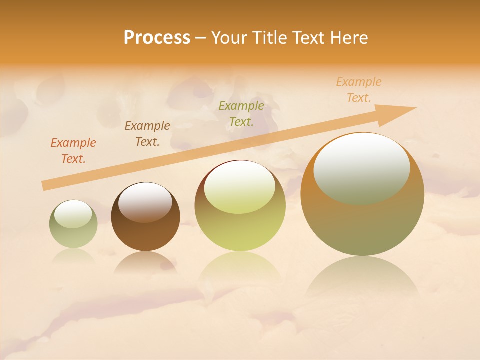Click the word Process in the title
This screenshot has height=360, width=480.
pos(157,38)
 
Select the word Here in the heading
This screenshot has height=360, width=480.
pos(349,38)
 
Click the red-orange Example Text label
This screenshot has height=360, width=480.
pos(73,151)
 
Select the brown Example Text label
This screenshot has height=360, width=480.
pos(147,134)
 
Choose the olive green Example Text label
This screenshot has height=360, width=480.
pos(241,113)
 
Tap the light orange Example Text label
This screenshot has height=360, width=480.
pos(359,90)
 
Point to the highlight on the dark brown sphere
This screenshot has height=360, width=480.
pos(145,201)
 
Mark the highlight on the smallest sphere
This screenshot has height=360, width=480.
pos(73,214)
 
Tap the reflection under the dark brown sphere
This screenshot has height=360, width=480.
pos(145,262)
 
